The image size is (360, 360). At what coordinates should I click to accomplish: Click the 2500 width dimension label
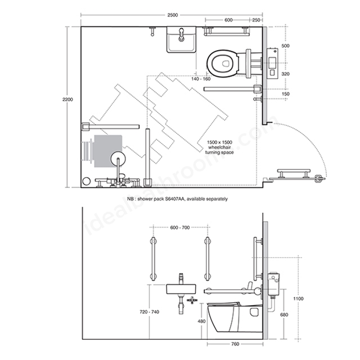pyautogui.click(x=173, y=15)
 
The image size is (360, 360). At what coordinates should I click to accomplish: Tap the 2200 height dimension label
pyautogui.click(x=67, y=100)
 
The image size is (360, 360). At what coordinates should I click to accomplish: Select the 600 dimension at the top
pyautogui.click(x=228, y=20)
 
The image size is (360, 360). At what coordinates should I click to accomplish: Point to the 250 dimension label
pyautogui.click(x=256, y=20)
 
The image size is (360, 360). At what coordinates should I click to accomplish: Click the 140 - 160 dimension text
pyautogui.click(x=201, y=79)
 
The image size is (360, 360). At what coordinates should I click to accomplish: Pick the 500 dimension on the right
pyautogui.click(x=285, y=46)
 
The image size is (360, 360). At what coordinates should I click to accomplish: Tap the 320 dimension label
pyautogui.click(x=285, y=74)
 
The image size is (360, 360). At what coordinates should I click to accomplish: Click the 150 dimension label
pyautogui.click(x=285, y=94)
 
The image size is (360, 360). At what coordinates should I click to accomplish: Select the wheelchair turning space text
pyautogui.click(x=219, y=147)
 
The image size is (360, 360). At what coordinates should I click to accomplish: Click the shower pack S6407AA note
pyautogui.click(x=178, y=199)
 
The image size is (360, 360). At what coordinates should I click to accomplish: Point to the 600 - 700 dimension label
pyautogui.click(x=180, y=227)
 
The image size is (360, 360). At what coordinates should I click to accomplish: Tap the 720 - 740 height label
pyautogui.click(x=150, y=312)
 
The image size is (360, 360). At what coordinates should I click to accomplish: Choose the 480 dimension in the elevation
pyautogui.click(x=201, y=321)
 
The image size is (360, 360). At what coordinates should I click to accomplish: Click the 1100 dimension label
pyautogui.click(x=299, y=299)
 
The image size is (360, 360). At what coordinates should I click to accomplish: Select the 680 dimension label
pyautogui.click(x=284, y=315)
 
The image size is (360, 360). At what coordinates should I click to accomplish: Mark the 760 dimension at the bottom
pyautogui.click(x=235, y=344)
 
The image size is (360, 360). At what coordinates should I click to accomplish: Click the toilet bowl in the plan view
pyautogui.click(x=223, y=63)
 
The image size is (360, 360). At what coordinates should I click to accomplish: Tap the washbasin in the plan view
pyautogui.click(x=181, y=39)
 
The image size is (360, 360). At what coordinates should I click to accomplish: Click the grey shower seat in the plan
pyautogui.click(x=107, y=151)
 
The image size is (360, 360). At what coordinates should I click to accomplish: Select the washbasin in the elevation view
pyautogui.click(x=181, y=289)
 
